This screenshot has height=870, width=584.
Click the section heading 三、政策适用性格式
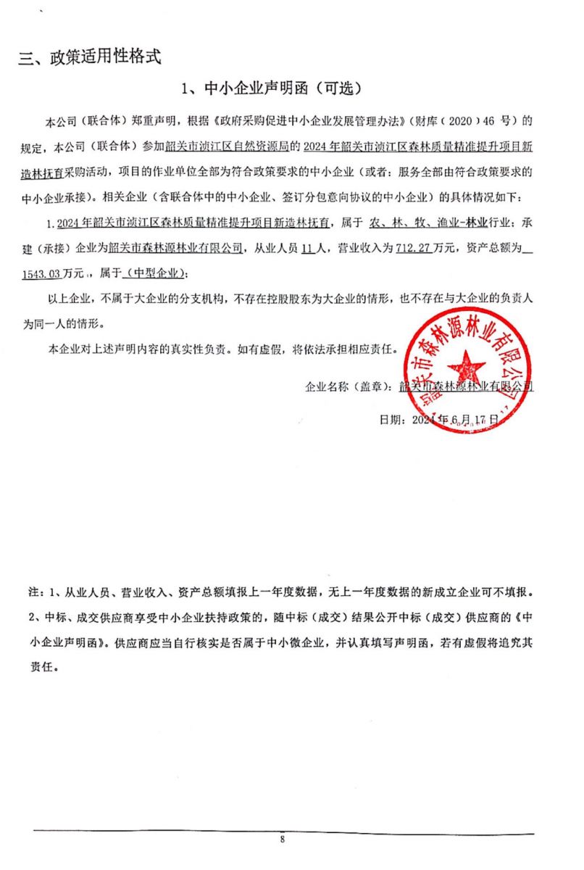[x=89, y=58]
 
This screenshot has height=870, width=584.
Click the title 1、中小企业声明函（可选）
[x=270, y=89]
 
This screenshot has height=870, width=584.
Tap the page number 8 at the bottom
[x=283, y=840]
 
